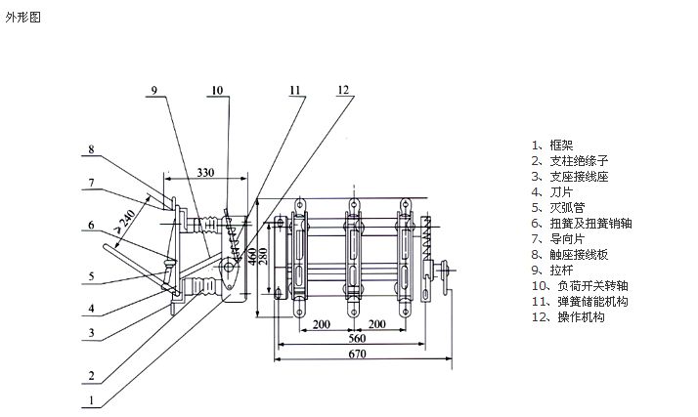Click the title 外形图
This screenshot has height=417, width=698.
pyautogui.click(x=23, y=18)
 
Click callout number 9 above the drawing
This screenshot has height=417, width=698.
pyautogui.click(x=153, y=90)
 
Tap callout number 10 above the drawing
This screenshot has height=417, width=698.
pyautogui.click(x=216, y=90)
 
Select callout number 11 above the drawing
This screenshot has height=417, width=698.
pyautogui.click(x=295, y=90)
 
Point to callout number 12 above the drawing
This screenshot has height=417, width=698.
pyautogui.click(x=342, y=90)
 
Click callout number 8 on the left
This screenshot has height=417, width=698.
pyautogui.click(x=90, y=149)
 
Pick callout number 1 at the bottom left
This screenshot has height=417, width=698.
pyautogui.click(x=91, y=399)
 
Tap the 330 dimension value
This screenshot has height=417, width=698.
pyautogui.click(x=204, y=172)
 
